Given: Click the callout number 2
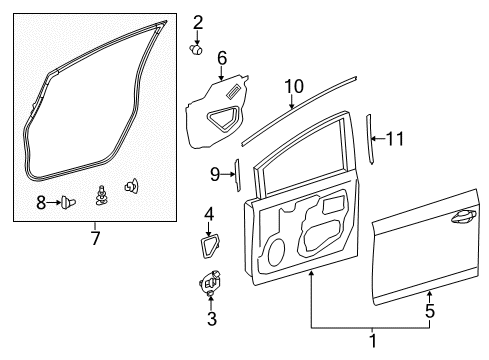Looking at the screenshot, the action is pos(198,23).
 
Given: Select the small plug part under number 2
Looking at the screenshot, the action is pos(196,50).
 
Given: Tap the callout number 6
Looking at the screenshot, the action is pos(222,58).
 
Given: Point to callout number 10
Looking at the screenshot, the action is pos(294,86).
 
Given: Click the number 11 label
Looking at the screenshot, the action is pos(395,139).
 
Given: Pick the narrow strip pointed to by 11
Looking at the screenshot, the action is pos(370,139).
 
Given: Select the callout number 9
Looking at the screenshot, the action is pos(215,174).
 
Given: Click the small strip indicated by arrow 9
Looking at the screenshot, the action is pos(238,175).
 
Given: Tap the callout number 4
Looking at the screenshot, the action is pos(209,214).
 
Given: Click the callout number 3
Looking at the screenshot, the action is pos(212,319).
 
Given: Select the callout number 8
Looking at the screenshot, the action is pos(41,202).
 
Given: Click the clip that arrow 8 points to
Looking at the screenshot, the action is pos(68,202).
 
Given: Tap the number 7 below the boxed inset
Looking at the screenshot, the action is pos(96,238).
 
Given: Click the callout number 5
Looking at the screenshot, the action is pos(430,311).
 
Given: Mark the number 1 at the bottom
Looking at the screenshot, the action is pos(373,341).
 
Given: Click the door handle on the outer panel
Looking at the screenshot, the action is pos(463,216).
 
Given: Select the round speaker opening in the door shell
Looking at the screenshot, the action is pos(276,253).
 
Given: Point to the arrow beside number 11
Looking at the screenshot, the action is pos(378,139).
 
